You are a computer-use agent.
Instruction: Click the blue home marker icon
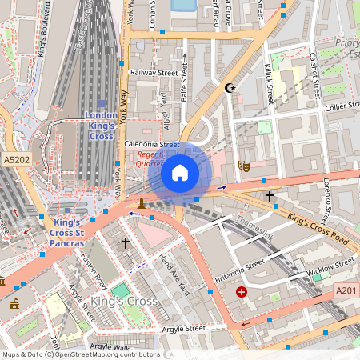point(180,173)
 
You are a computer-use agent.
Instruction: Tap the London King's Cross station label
point(101,126)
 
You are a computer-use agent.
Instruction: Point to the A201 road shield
point(346,290)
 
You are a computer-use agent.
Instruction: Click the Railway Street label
point(154,73)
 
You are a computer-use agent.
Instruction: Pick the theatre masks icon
point(244,166)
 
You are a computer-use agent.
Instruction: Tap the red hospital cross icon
point(241,293)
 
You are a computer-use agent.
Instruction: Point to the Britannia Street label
point(239,271)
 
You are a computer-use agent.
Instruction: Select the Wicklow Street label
point(330,269)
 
